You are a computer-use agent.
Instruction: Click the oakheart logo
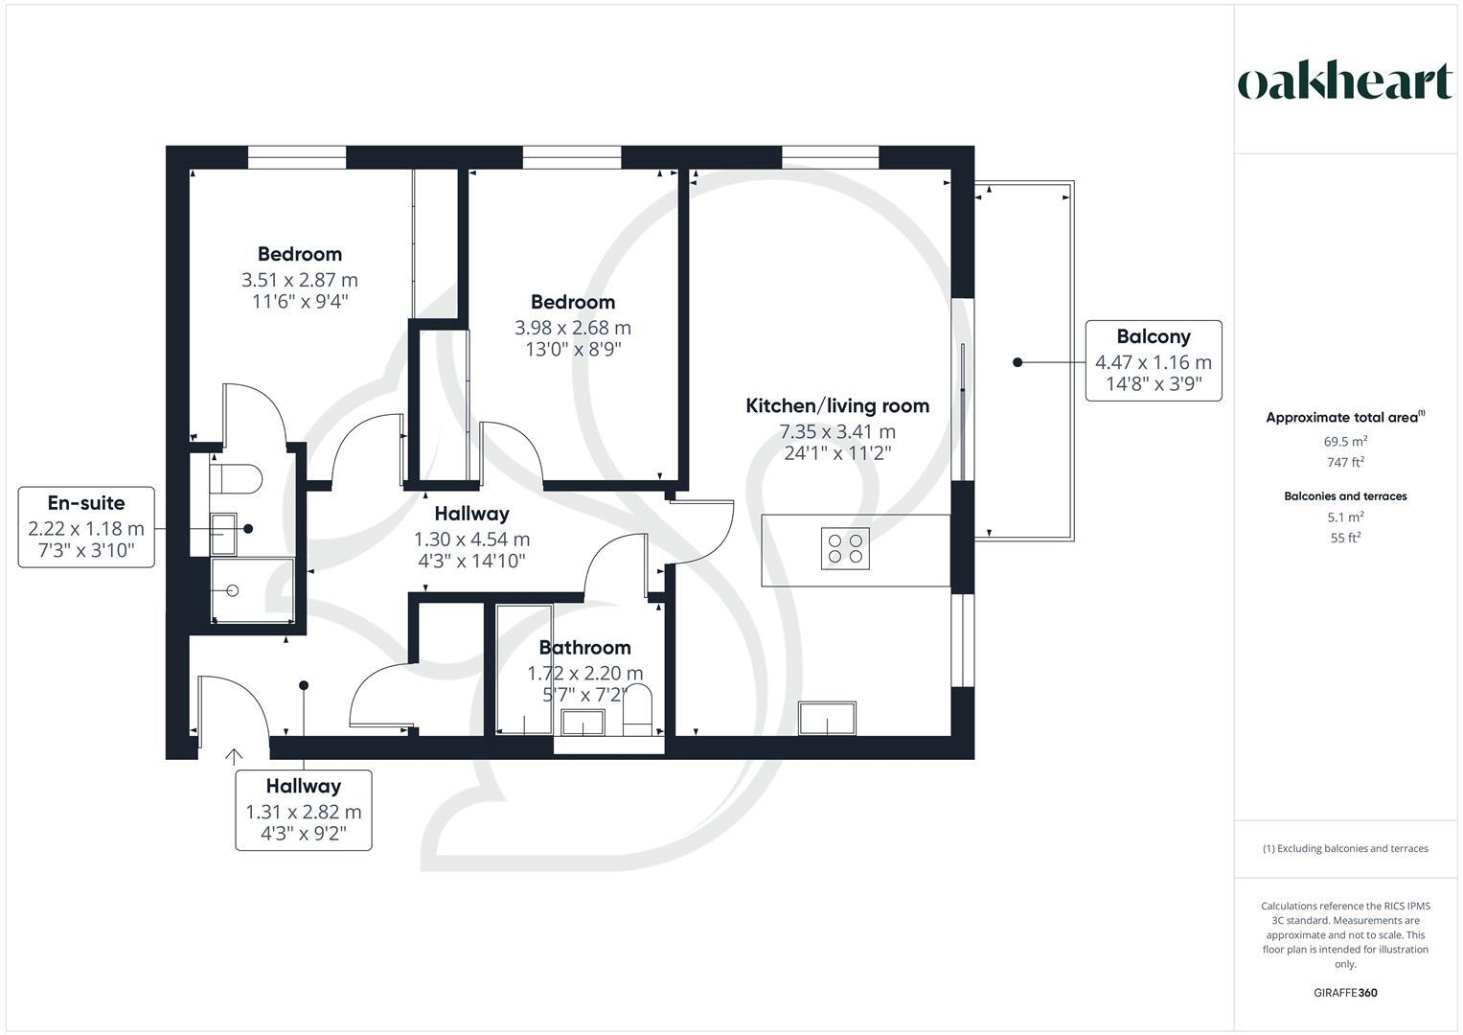(1344, 82)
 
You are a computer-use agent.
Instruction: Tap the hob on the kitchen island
(845, 548)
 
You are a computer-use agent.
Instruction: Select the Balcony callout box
(1153, 360)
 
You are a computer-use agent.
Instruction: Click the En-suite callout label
(86, 503)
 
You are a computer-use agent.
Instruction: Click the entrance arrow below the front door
(233, 757)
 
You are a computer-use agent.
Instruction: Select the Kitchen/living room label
(837, 405)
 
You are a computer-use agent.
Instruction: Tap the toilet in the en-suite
(236, 479)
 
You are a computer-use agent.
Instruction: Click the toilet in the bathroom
(637, 709)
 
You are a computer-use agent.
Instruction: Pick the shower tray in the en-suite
(251, 590)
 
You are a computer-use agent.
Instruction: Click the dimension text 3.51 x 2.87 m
(299, 280)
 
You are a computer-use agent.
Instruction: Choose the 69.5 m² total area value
(1344, 442)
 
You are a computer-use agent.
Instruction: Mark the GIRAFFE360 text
(1344, 993)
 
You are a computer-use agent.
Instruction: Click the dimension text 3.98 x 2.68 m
(573, 328)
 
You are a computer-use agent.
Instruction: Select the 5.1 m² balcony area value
(1344, 517)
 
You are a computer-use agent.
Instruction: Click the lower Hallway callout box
(304, 810)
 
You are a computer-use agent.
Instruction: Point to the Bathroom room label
(584, 648)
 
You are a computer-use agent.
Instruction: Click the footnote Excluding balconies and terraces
(1344, 848)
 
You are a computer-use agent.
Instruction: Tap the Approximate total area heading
(1344, 418)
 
